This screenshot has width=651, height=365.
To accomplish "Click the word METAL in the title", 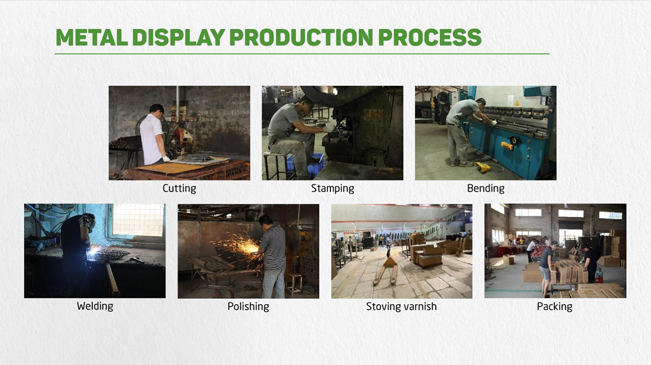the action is click(92, 37).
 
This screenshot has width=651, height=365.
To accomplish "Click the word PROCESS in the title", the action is click(430, 37).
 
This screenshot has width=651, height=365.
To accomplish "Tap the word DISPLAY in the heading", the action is click(178, 37).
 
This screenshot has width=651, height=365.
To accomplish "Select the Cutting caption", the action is click(180, 188).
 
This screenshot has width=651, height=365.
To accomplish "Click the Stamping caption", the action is click(333, 188).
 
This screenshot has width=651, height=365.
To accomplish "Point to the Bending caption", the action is click(486, 188).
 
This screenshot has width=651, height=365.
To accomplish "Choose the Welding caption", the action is click(95, 306).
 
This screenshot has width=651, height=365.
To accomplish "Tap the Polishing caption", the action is click(248, 306).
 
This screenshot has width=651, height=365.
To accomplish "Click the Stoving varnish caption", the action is click(401, 306).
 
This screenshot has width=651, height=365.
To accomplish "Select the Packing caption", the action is click(554, 306).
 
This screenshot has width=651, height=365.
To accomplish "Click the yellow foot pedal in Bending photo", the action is click(483, 167).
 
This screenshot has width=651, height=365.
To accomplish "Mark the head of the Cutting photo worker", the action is click(156, 110).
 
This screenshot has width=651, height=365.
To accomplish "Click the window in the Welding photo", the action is click(138, 220).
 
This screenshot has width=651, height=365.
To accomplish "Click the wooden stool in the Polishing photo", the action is click(293, 284).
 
